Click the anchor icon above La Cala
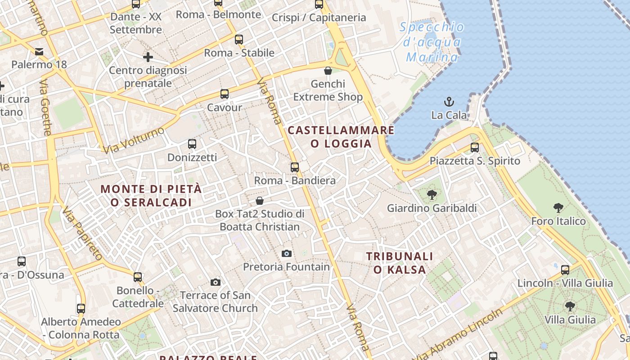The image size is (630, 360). point(449,101)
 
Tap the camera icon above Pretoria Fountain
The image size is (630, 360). point(287,253)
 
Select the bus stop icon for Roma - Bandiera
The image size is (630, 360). point(295,167)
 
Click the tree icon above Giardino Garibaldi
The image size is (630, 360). point(432,195)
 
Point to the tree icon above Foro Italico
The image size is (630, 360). point(558,208)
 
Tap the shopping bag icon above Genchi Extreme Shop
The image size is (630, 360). point(328,71)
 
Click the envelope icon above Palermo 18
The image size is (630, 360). point(39,51)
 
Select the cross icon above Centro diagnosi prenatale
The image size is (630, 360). point(148,57)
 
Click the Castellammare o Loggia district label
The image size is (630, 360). point(341,137)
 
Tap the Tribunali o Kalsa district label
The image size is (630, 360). point(400,263)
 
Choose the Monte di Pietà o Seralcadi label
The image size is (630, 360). point(151,196)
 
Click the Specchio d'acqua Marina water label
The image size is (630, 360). point(432,42)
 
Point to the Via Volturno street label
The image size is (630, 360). point(134,140)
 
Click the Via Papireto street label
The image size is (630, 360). point(82,233)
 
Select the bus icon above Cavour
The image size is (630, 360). point(225,94)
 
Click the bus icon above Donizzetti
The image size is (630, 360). point(192,144)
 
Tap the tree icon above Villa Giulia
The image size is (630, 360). point(570,306)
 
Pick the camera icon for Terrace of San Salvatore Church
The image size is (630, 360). point(216,282)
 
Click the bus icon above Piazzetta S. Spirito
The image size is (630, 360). point(475,147)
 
